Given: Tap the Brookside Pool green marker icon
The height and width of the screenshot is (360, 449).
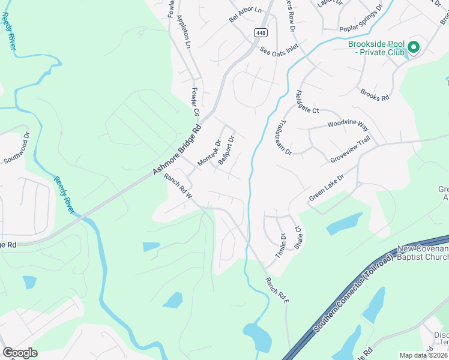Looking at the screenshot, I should [413, 47].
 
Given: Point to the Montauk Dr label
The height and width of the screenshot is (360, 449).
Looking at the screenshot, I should [209, 154].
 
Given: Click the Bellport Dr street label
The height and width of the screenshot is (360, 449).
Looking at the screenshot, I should [226, 151].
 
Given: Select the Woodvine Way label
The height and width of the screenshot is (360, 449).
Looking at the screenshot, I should [348, 125].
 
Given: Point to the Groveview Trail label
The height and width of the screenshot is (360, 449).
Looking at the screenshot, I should [350, 152].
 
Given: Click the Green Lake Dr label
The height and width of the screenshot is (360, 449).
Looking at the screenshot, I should [327, 188].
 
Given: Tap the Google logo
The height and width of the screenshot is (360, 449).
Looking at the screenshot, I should [20, 352].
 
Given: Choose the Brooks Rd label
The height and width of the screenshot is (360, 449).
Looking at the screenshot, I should [375, 94].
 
